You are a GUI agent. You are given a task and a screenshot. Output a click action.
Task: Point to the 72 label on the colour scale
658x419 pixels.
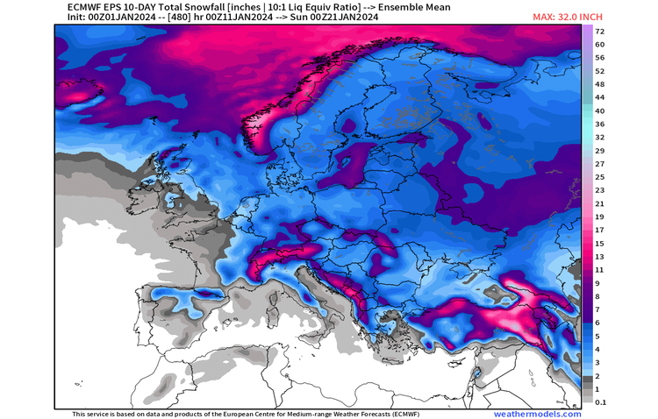point(600,31)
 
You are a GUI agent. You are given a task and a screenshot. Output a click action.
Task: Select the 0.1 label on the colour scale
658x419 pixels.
point(600,402)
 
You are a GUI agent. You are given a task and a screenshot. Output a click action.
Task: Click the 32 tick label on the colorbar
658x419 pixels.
point(600,137)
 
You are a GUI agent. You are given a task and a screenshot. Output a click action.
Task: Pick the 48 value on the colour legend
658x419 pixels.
point(600,84)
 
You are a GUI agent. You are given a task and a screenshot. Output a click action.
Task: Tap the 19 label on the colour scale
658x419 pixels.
point(600,217)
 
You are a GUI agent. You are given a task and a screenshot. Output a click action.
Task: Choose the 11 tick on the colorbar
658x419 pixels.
point(600,270)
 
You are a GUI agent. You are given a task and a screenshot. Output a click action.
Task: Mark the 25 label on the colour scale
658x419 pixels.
point(600,176)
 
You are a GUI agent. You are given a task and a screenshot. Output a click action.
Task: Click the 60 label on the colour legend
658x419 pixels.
point(600,44)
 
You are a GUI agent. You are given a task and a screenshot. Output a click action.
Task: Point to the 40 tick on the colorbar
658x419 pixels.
point(600,110)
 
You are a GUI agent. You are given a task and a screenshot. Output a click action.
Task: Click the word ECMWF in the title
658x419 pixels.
point(74,7)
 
